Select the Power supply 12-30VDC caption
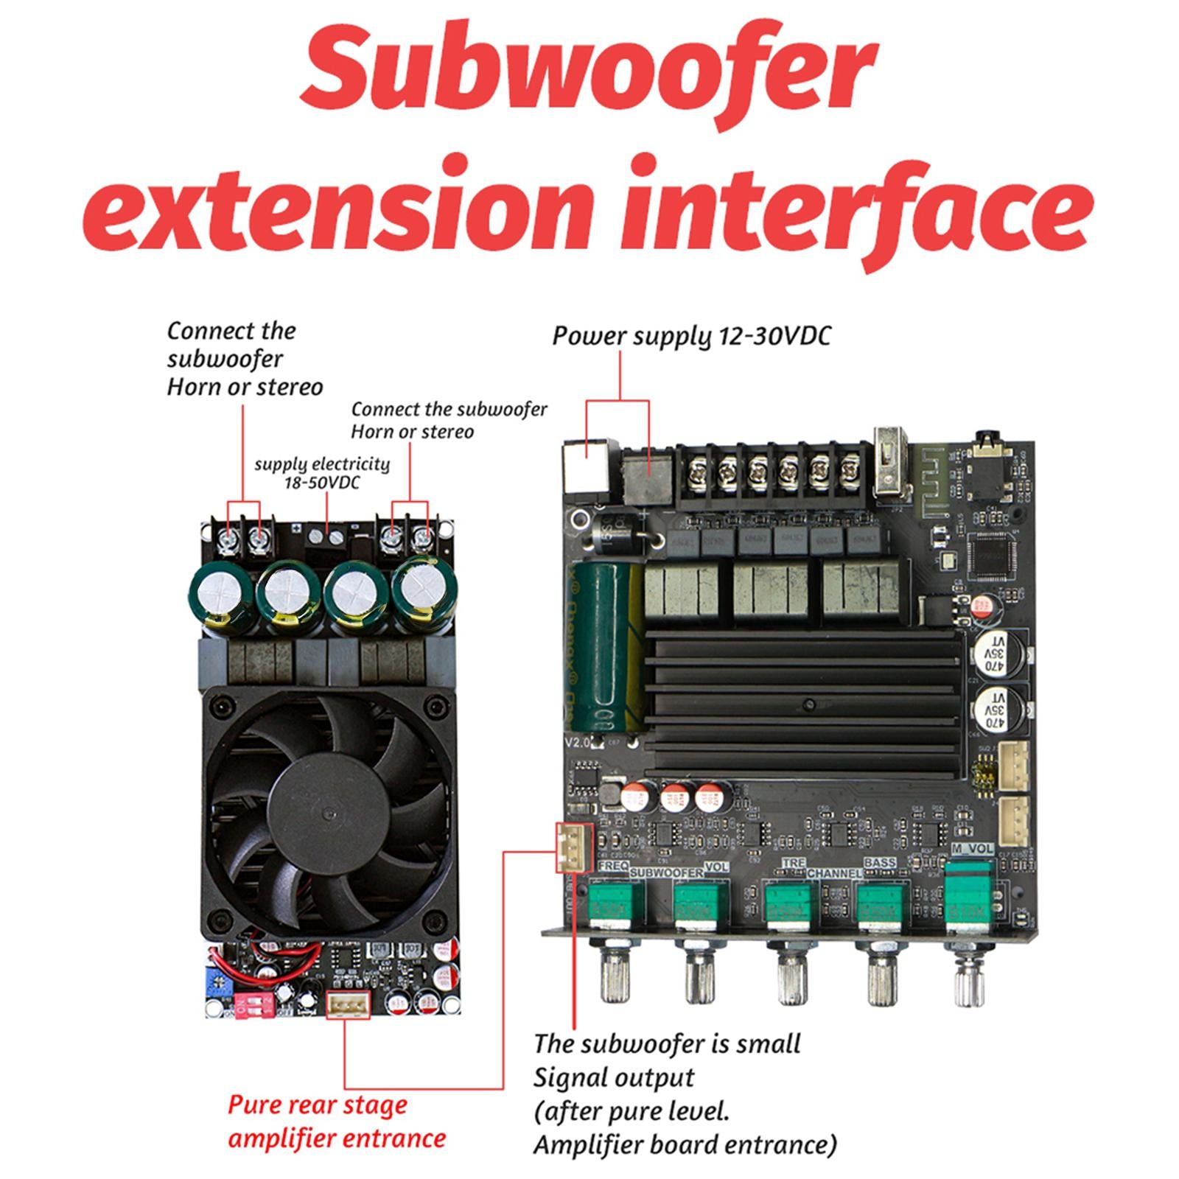(x=691, y=336)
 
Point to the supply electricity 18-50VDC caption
(x=322, y=473)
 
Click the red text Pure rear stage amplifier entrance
(x=336, y=1121)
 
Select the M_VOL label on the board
(x=973, y=849)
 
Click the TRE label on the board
(x=794, y=863)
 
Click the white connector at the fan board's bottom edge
(x=349, y=1004)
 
